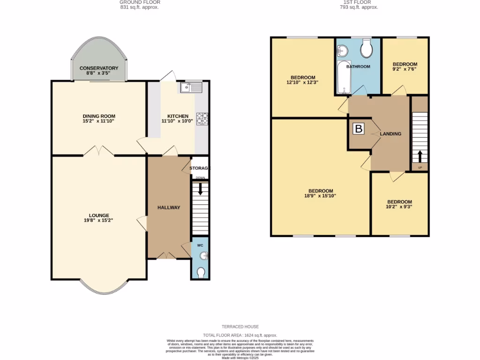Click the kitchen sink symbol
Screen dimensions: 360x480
click(190, 87)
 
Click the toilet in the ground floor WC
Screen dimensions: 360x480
click(201, 272)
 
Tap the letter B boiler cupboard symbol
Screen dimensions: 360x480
click(359, 129)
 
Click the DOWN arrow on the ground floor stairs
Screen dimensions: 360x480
click(201, 188)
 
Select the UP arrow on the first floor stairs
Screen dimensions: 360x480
click(420, 156)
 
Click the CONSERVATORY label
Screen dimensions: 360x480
click(99, 68)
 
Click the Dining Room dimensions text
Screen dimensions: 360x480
click(99, 121)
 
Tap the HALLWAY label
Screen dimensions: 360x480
click(169, 208)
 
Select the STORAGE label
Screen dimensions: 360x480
click(200, 168)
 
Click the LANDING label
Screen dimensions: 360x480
click(390, 134)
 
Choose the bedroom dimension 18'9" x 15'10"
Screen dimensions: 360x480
click(321, 196)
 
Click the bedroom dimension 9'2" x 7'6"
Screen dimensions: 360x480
click(405, 69)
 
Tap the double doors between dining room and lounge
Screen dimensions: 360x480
click(99, 151)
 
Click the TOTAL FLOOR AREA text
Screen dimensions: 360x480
click(240, 335)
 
